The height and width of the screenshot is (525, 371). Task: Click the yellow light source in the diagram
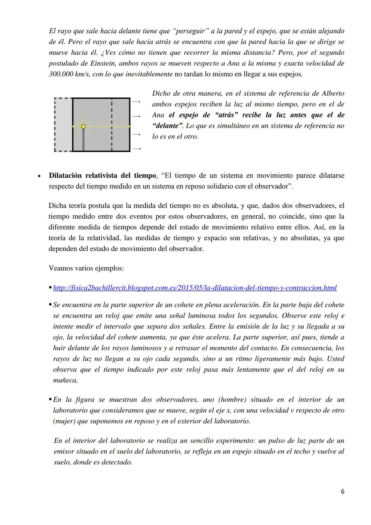(83, 127)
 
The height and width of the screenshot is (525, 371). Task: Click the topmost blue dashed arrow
(136, 101)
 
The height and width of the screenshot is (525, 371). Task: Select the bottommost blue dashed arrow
(136, 149)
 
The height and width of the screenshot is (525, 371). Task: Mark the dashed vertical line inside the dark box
(112, 125)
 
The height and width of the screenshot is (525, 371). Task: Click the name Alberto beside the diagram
(333, 94)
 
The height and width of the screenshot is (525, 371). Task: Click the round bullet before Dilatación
(39, 176)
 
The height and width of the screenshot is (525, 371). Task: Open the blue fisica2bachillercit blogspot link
(195, 288)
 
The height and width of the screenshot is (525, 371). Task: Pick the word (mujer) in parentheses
(64, 421)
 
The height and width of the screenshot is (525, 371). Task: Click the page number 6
(342, 492)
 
